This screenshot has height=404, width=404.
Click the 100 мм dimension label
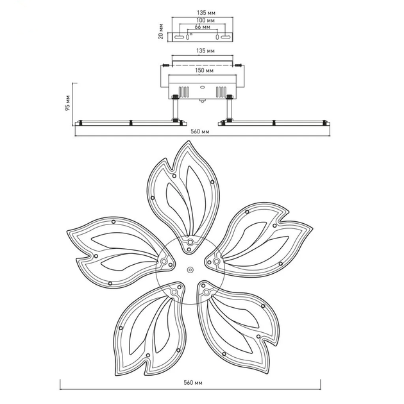tap(205, 20)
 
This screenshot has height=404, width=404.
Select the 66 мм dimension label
tap(202, 27)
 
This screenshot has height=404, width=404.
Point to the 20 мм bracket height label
tap(161, 31)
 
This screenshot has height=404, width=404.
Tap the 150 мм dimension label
tap(205, 70)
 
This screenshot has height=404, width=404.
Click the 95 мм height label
tap(68, 103)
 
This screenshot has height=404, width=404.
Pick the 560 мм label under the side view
tap(200, 131)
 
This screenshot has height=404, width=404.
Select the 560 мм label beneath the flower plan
tap(193, 383)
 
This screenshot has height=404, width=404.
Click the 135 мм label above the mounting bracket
tap(206, 13)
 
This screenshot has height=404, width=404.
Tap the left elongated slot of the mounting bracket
tap(179, 37)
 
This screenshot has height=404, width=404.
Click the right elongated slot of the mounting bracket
tap(226, 37)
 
